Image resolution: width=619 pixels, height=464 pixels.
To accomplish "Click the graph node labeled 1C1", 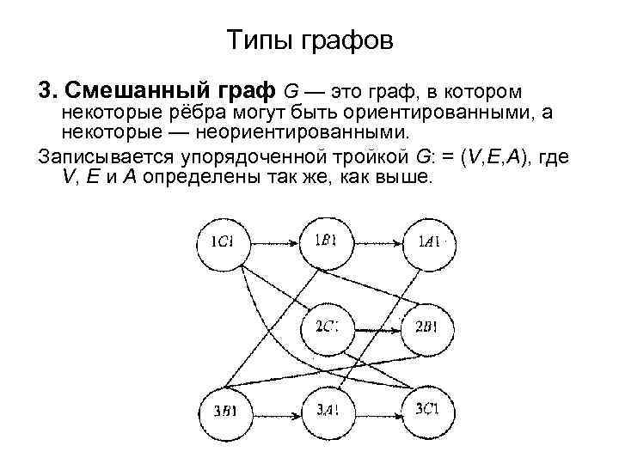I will pyautogui.click(x=222, y=242).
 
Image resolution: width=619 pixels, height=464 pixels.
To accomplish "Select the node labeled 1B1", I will pyautogui.click(x=325, y=241).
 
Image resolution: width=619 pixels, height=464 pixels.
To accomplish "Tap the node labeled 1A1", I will pyautogui.click(x=429, y=242).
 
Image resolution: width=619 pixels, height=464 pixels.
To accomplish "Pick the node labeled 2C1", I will pyautogui.click(x=325, y=326).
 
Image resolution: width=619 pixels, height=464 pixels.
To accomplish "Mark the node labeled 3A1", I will pyautogui.click(x=325, y=410).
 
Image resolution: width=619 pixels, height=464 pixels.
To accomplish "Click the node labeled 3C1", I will pyautogui.click(x=427, y=408).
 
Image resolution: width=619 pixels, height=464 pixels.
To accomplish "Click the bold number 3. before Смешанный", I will pyautogui.click(x=48, y=90).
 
